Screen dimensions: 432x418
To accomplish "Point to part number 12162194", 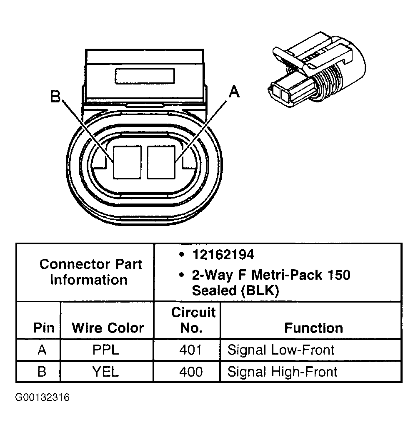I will [x=223, y=254].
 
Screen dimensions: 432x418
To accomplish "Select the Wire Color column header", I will [x=108, y=328].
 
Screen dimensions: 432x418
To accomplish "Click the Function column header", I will [x=313, y=328].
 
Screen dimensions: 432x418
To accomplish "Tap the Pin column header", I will [x=44, y=328].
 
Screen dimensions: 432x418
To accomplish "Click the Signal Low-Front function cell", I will [x=281, y=350].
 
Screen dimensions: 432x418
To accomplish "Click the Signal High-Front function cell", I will [x=282, y=371].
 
